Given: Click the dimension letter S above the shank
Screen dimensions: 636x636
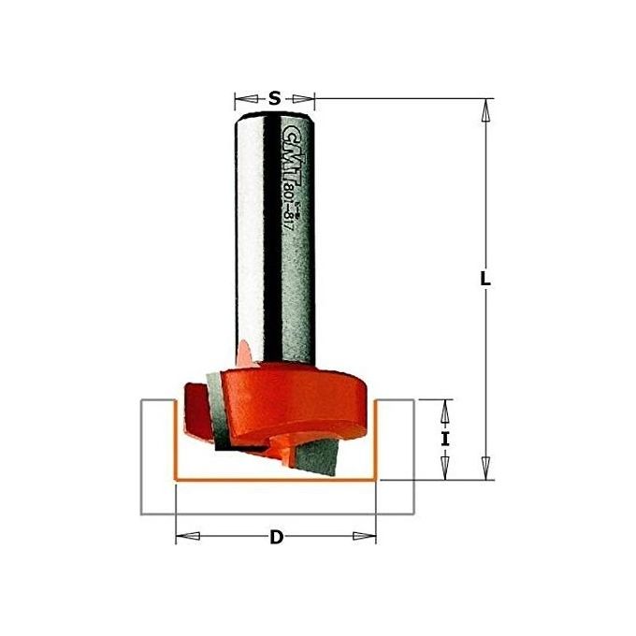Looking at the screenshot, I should [x=274, y=97].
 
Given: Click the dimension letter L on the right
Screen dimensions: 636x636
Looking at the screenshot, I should [x=485, y=280].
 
